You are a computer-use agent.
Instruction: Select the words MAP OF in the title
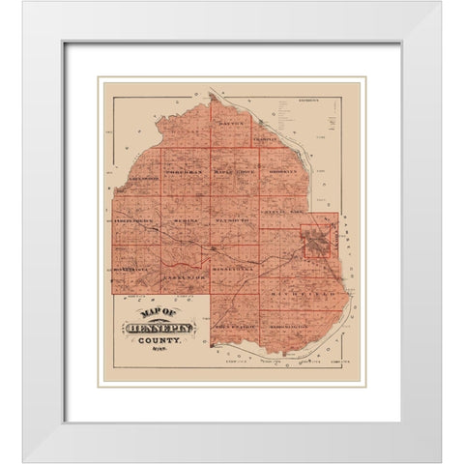(157, 312)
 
